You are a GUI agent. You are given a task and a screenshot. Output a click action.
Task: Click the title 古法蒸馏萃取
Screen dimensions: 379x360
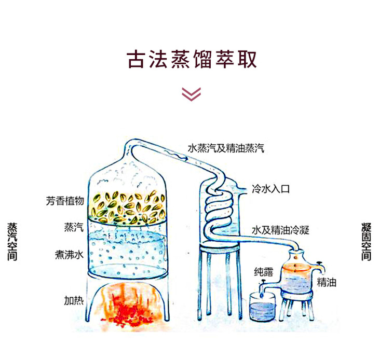click(x=192, y=59)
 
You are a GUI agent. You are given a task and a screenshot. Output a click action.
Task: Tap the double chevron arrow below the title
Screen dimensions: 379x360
click(x=191, y=93)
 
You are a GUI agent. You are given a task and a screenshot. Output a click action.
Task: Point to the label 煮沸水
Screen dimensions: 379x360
click(x=69, y=255)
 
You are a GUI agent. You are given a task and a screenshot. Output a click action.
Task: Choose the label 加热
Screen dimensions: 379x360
click(x=73, y=300)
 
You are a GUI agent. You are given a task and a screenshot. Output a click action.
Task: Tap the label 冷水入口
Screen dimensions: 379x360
click(x=270, y=189)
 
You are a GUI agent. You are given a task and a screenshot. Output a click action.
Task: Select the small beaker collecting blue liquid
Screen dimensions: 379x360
click(x=263, y=307)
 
